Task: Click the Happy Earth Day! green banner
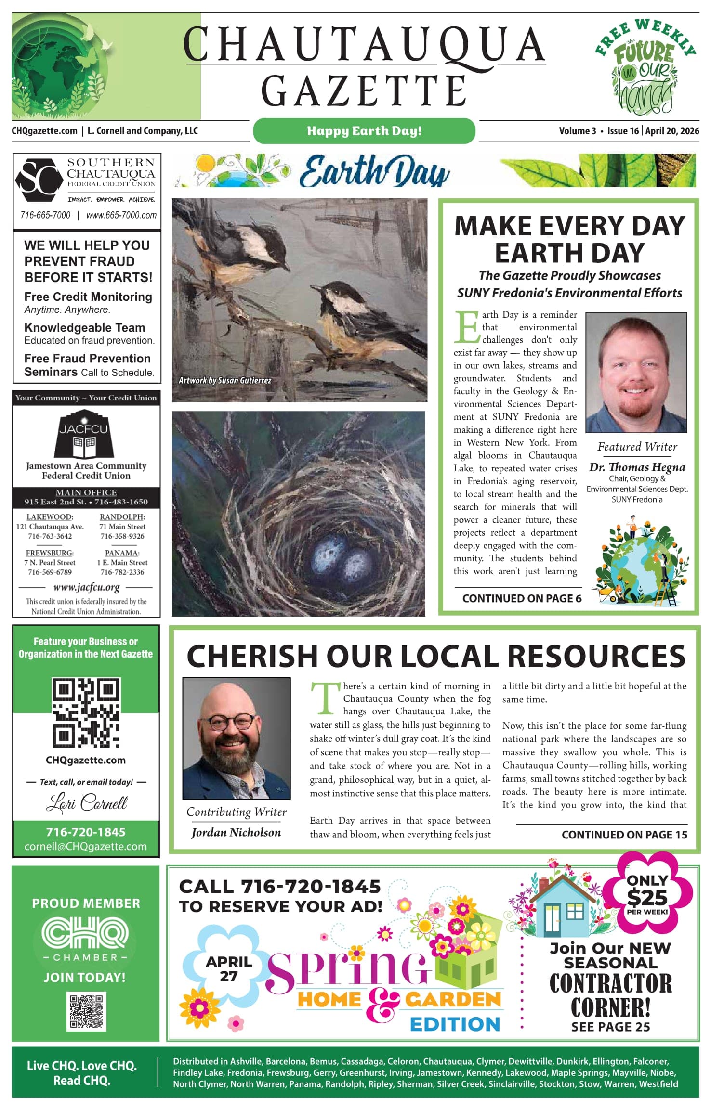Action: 364,131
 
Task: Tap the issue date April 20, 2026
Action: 672,131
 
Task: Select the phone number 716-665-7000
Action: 45,215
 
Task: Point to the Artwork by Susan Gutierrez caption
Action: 225,380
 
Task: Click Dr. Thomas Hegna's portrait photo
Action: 636,372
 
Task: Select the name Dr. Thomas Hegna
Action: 637,467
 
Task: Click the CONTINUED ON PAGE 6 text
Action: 522,598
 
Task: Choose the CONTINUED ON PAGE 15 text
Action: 624,835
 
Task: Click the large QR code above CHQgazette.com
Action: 86,712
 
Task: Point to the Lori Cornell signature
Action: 87,803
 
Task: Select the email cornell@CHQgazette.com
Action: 86,847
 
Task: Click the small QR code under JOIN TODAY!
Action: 86,1011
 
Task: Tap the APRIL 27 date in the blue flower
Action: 229,968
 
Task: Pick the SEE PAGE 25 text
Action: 610,1027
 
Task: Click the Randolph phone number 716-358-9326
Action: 122,536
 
